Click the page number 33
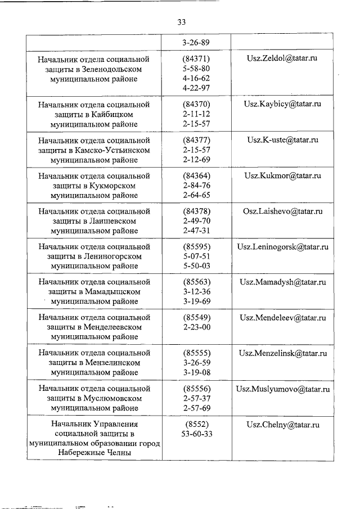[181, 22]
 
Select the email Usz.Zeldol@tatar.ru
[282, 59]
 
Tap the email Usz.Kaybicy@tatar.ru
[282, 104]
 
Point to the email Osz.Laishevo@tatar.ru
[282, 211]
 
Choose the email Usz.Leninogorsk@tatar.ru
[282, 247]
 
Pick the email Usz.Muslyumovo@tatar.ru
[282, 389]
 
